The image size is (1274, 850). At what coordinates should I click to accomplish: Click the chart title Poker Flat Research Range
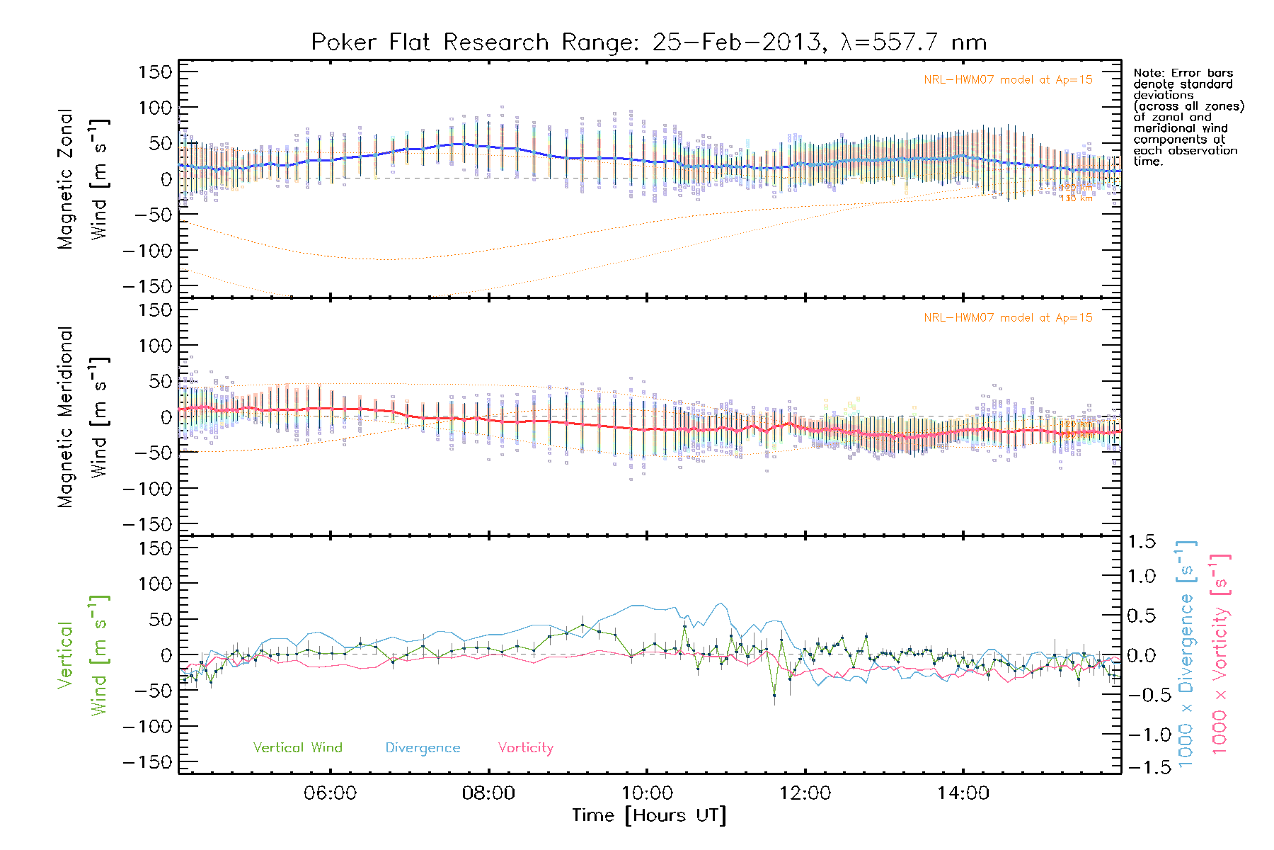648,42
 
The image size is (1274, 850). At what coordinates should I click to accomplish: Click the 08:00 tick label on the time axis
488,793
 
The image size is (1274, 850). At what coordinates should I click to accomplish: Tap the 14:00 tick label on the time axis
963,793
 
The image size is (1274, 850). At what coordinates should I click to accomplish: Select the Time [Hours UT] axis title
648,815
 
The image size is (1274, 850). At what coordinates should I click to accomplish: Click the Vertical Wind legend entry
297,748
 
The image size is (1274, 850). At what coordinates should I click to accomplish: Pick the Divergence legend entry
423,748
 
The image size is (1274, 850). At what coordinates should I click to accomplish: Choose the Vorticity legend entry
525,748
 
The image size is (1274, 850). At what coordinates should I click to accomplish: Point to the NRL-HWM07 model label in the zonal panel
1008,80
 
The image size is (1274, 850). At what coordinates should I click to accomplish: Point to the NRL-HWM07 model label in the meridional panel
1008,318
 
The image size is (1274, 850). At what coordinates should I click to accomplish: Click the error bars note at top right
1188,117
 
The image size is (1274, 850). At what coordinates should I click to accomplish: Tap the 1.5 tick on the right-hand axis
1141,542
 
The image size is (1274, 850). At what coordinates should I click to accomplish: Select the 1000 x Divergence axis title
1186,653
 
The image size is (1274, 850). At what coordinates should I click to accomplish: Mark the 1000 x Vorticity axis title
1220,653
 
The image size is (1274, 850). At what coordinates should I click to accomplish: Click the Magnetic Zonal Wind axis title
82,178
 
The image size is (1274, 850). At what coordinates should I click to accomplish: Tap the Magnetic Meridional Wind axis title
82,416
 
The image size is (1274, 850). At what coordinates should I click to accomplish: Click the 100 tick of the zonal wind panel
154,108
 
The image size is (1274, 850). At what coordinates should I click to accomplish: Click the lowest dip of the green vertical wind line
774,696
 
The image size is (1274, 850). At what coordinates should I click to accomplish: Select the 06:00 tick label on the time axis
330,793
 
